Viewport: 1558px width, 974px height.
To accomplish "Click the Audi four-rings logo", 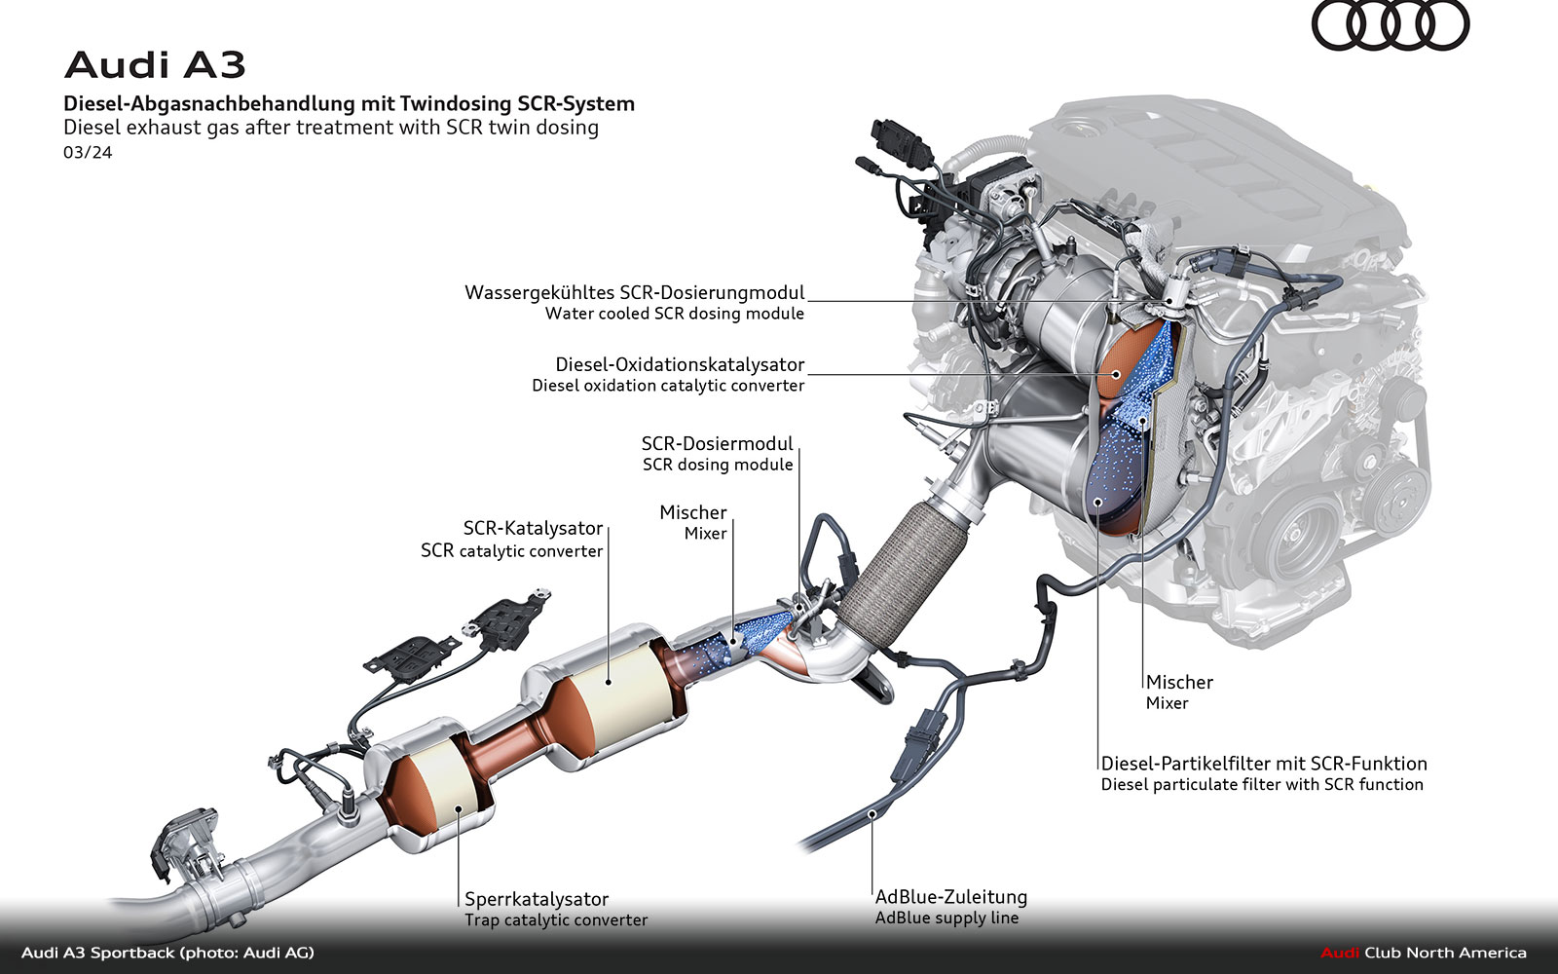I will pyautogui.click(x=1390, y=25).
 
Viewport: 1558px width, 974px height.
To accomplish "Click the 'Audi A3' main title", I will pyautogui.click(x=155, y=65).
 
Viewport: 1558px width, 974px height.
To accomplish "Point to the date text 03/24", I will pyautogui.click(x=88, y=153).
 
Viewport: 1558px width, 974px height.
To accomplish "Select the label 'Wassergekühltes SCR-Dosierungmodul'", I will pyautogui.click(x=635, y=292).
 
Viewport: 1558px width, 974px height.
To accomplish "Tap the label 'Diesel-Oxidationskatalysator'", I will pyautogui.click(x=680, y=364).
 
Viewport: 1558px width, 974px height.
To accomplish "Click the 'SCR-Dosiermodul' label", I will pyautogui.click(x=717, y=443).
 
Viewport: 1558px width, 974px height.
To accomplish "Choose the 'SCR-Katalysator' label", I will pyautogui.click(x=533, y=528).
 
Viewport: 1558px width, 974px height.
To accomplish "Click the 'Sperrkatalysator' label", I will pyautogui.click(x=537, y=899).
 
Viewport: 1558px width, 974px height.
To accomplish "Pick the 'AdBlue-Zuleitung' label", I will pyautogui.click(x=950, y=897).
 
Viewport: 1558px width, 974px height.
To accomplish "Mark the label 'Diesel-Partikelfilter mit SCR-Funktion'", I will pyautogui.click(x=1264, y=764).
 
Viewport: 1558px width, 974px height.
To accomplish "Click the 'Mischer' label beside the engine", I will pyautogui.click(x=1179, y=682).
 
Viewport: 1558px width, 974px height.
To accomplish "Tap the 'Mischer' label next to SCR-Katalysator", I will pyautogui.click(x=693, y=512).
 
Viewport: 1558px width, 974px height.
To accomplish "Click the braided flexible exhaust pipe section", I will pyautogui.click(x=896, y=575).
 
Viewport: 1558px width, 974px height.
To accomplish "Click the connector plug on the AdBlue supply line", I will pyautogui.click(x=920, y=745).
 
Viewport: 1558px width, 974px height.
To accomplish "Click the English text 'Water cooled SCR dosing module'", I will pyautogui.click(x=675, y=314).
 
